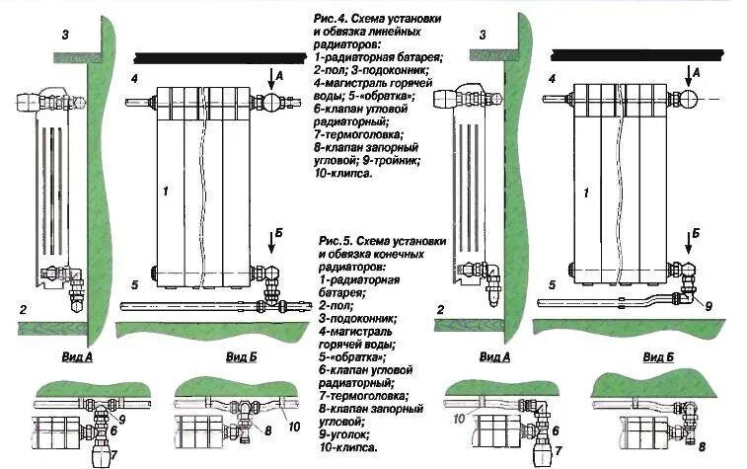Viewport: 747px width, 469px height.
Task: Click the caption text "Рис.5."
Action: (x=336, y=242)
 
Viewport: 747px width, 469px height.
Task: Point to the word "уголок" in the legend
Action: (x=349, y=434)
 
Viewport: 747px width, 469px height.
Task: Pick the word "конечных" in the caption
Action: (x=400, y=255)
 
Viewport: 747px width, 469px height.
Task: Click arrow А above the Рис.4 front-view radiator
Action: (x=280, y=72)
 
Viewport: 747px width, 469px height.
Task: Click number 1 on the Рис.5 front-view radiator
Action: (x=587, y=195)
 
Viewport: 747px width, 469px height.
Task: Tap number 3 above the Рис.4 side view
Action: (x=65, y=36)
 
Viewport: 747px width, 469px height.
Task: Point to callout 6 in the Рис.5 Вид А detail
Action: (x=556, y=431)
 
